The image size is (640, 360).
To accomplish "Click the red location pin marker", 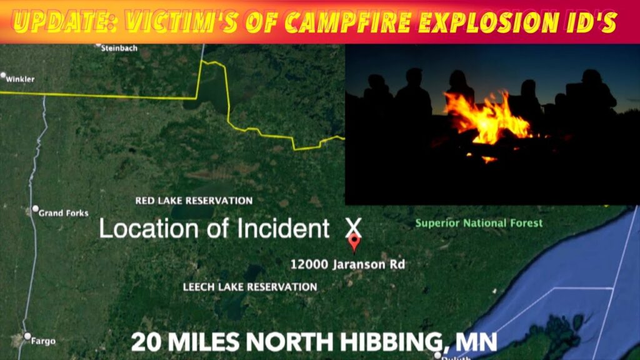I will tap(354, 241).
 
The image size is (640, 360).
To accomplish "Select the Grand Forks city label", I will tap(64, 213).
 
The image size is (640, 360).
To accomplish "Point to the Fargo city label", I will tap(44, 341).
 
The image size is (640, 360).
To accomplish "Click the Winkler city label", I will tap(20, 79).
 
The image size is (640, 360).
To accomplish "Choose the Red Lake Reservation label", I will tap(194, 201).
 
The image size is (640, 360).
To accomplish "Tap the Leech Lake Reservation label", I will tap(250, 287).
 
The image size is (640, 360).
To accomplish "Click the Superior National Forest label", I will tap(479, 223).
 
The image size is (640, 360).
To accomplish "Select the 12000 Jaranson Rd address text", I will tap(347, 264).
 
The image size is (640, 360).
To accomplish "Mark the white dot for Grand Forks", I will tap(36, 209).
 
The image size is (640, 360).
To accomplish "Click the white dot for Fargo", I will tap(27, 336).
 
